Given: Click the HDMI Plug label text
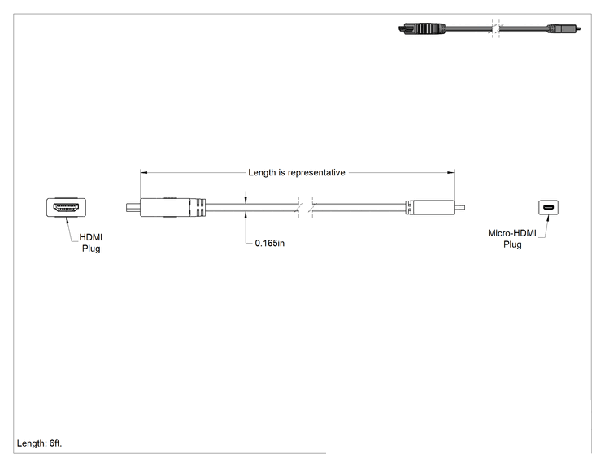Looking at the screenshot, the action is (91, 243).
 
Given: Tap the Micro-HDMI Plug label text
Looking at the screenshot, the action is (512, 239).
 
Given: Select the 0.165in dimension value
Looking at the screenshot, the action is (270, 243).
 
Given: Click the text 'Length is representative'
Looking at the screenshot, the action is (296, 173).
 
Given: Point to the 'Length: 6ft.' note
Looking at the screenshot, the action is (39, 443).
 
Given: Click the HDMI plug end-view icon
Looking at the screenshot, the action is (67, 207).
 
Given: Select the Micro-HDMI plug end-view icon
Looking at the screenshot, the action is (548, 208).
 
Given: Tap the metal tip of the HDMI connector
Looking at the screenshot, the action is (133, 208).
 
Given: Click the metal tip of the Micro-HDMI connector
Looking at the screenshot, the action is (459, 208).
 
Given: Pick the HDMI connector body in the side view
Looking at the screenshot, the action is (165, 207).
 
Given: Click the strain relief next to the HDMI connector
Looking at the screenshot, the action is (198, 208).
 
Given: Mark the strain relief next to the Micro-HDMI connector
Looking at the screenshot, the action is (409, 208).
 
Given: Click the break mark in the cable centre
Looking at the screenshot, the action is (306, 208).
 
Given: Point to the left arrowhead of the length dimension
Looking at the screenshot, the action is (144, 173).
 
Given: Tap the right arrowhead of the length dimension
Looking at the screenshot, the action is (450, 173).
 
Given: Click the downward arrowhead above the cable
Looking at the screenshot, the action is (246, 200).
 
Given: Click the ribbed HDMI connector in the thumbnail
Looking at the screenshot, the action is (422, 28).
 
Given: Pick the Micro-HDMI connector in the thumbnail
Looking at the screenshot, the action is (564, 28).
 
